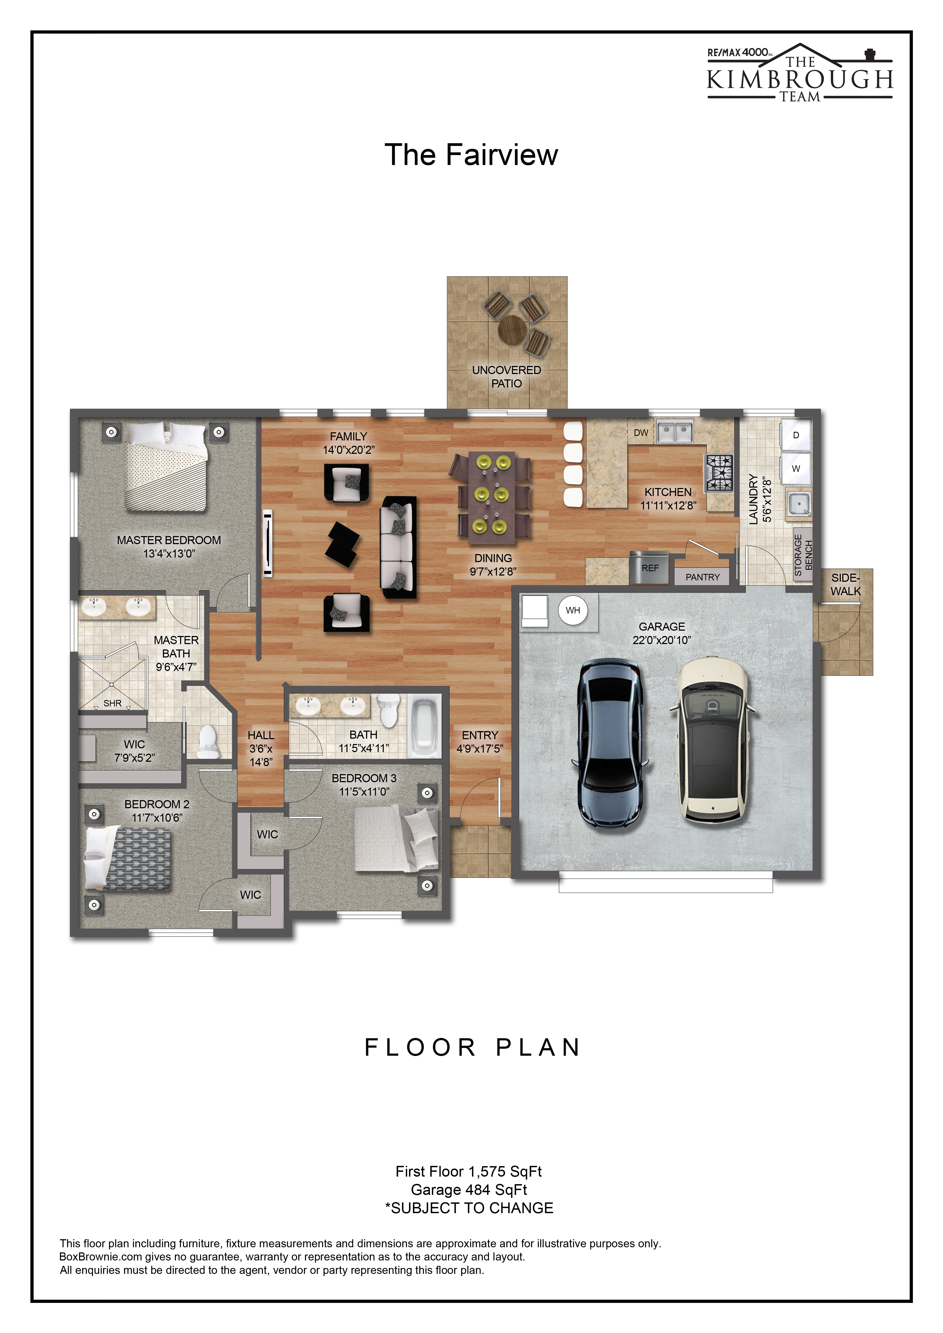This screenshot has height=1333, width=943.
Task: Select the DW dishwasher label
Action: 641,433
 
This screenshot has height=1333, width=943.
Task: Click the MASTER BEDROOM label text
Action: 169,540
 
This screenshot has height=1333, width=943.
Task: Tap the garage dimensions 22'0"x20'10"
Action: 662,640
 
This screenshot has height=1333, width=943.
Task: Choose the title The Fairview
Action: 471,155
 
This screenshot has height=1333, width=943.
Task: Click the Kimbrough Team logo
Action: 799,74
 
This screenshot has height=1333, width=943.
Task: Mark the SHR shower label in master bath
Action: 113,703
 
